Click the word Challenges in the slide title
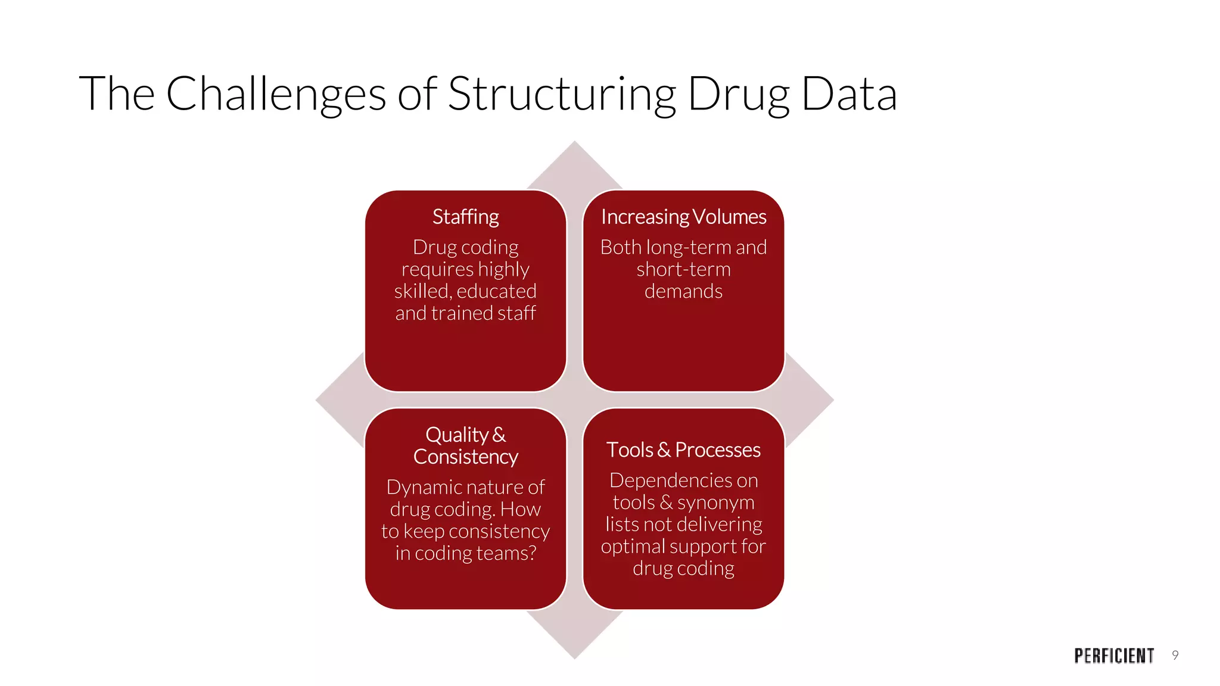click(x=275, y=94)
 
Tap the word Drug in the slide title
click(x=739, y=94)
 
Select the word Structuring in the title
click(x=562, y=94)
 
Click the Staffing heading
click(x=465, y=217)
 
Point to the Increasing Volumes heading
click(x=683, y=217)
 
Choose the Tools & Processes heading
click(x=683, y=450)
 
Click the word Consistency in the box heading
click(x=465, y=457)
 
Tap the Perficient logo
click(x=1114, y=656)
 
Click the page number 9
click(x=1175, y=655)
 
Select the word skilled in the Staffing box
click(x=422, y=291)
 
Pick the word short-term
click(x=683, y=269)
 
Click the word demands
click(x=683, y=291)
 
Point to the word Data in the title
click(x=849, y=94)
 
